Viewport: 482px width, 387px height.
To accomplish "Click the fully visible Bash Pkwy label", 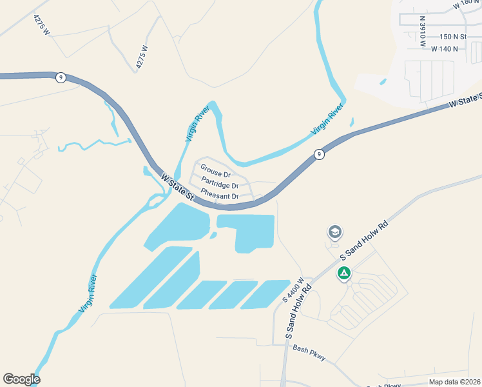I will click(x=309, y=353).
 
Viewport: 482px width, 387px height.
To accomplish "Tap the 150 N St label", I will click(x=453, y=37).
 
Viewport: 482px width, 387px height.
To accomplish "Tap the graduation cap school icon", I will click(x=334, y=232).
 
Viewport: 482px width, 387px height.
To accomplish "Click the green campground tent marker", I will click(x=344, y=273).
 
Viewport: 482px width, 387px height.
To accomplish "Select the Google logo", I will click(x=21, y=379).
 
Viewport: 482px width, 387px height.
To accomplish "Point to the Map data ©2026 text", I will click(x=454, y=382).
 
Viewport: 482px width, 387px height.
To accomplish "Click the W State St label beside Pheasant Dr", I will click(x=177, y=185).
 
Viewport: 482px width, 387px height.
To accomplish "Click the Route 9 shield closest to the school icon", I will click(x=318, y=154).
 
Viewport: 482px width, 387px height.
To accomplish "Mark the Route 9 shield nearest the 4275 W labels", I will click(x=61, y=77).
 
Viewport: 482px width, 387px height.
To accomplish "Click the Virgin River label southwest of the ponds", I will click(x=89, y=293).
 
